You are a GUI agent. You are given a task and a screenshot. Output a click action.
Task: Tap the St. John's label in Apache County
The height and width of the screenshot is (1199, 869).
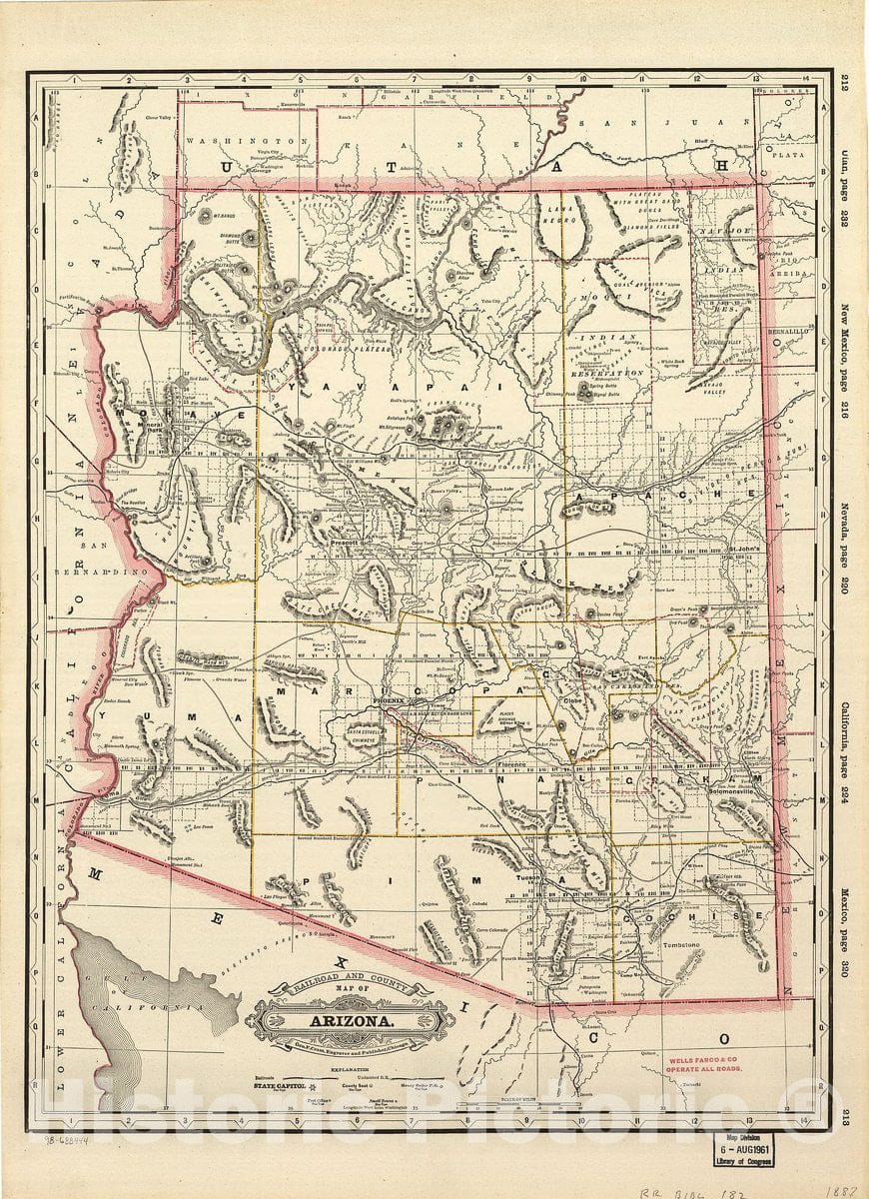click(x=744, y=548)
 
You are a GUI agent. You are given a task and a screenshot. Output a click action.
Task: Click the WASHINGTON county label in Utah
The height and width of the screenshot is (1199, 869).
click(x=244, y=143)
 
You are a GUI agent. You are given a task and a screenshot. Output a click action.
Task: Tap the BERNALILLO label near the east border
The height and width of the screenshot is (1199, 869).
click(x=787, y=329)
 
